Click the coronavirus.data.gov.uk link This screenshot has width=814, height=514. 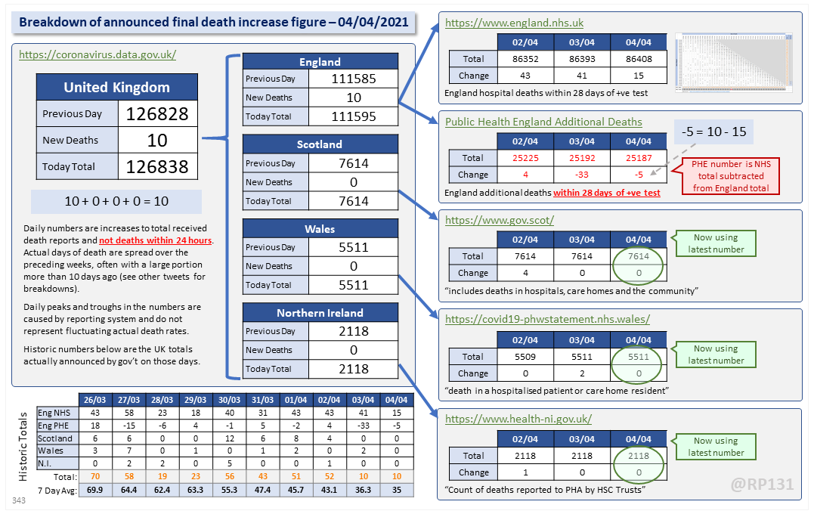(97, 54)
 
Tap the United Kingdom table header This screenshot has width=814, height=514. (116, 87)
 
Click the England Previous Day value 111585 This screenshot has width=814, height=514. (354, 79)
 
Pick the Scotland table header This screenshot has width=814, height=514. (320, 144)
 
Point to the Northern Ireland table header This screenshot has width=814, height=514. (320, 312)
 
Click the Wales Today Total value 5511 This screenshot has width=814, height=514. (354, 285)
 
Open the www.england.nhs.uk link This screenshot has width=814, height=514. (514, 23)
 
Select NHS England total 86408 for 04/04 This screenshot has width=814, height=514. (639, 58)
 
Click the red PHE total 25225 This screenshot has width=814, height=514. (526, 158)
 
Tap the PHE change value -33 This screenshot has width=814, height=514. (582, 175)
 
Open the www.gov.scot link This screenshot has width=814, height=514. (500, 221)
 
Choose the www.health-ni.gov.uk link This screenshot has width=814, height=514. (518, 419)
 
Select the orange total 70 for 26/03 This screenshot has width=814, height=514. (95, 477)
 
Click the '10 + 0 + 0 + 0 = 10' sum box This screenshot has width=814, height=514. (116, 202)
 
